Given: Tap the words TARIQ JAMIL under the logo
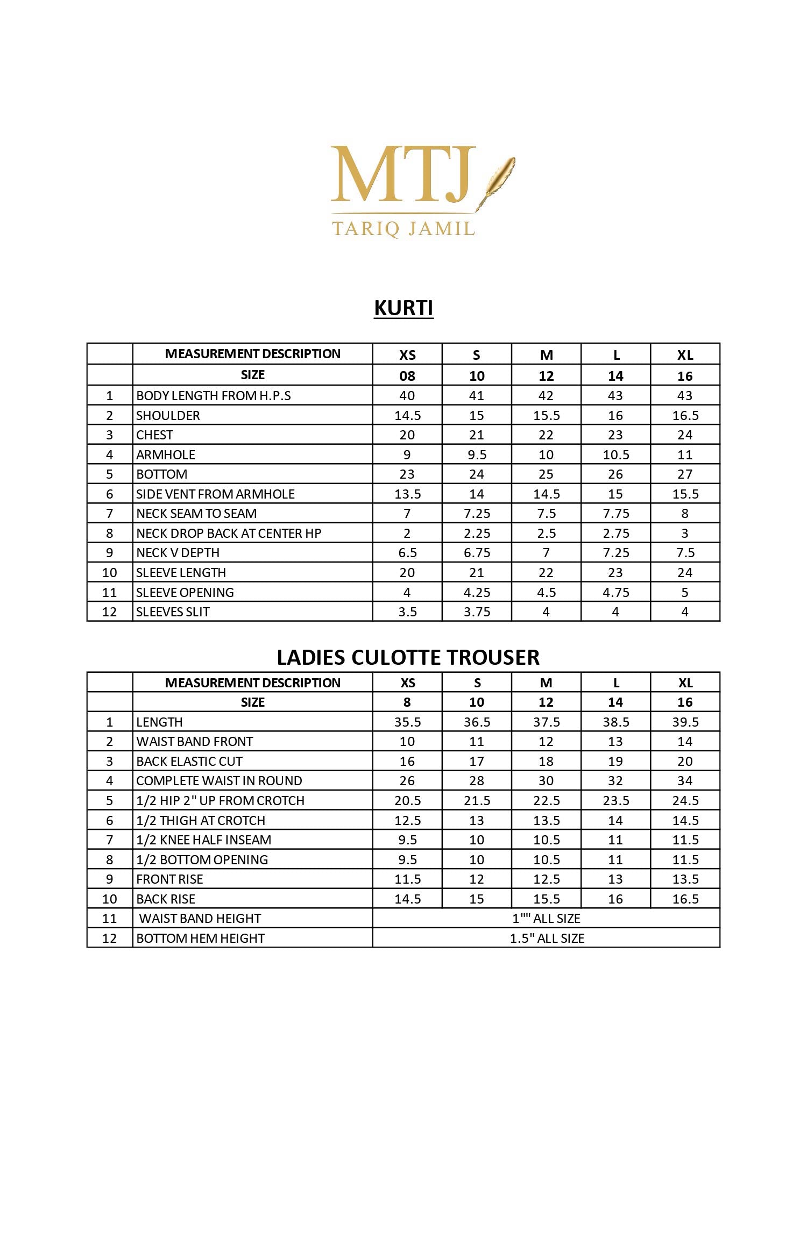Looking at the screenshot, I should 403,228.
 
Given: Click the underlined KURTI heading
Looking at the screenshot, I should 403,308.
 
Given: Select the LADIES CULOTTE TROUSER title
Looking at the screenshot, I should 408,657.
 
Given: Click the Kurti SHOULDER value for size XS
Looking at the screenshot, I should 407,416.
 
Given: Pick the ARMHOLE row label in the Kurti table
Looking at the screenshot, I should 166,455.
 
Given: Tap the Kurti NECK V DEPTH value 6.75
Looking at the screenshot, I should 477,553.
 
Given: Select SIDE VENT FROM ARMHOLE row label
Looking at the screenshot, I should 215,494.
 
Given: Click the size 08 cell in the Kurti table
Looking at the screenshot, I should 407,376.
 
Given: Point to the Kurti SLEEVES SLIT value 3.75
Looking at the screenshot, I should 477,612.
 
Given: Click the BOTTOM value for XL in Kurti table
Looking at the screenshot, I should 685,474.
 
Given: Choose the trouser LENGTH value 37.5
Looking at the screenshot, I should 546,722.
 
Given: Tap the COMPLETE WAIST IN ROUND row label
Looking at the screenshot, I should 219,781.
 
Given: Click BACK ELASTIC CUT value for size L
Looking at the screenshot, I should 615,762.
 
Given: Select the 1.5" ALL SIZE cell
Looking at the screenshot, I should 547,939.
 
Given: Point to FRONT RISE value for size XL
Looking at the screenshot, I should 685,879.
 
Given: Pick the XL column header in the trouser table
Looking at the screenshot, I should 685,683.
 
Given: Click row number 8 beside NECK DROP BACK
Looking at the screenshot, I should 110,534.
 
